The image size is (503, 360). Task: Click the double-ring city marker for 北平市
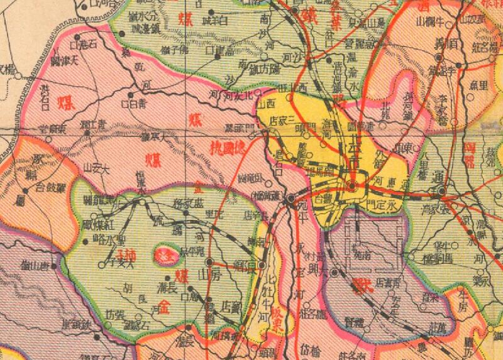353,186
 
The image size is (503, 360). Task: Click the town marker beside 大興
334,273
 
